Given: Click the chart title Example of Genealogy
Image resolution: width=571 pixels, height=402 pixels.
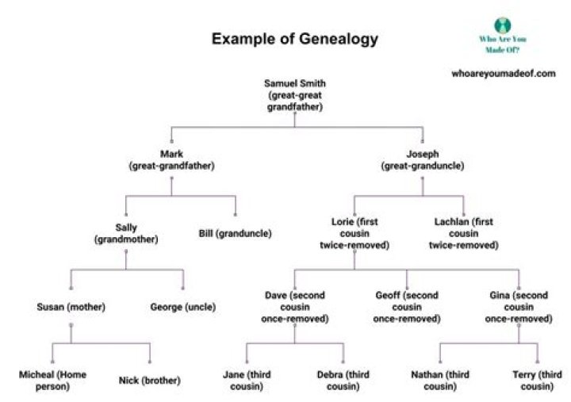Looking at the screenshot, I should point(294,39).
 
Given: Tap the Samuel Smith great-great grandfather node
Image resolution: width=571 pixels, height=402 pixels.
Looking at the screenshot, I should point(295,94).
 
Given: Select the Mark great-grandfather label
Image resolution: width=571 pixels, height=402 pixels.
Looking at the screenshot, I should point(171,160).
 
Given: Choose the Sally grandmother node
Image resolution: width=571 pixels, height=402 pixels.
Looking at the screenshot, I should point(126,233).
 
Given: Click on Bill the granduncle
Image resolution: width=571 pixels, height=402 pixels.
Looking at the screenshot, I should point(236,233).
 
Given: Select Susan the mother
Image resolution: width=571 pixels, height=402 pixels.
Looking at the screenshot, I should point(71,306).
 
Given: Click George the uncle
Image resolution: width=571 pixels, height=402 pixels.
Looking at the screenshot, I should point(183,306).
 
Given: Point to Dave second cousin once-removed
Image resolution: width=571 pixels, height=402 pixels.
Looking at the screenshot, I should point(295,307).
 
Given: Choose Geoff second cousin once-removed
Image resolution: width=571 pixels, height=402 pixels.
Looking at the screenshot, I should point(407,307).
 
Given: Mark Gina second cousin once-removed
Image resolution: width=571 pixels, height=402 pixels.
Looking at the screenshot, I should point(519,307).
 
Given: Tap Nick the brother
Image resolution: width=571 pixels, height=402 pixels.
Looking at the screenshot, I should point(149,380).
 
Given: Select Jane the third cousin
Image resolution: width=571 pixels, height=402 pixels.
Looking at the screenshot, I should point(246,380).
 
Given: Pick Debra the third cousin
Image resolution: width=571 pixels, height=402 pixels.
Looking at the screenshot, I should point(343,380).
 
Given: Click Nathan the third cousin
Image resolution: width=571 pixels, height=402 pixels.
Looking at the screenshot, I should point(441,380).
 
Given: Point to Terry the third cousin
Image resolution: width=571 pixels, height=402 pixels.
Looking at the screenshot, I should point(538,380).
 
